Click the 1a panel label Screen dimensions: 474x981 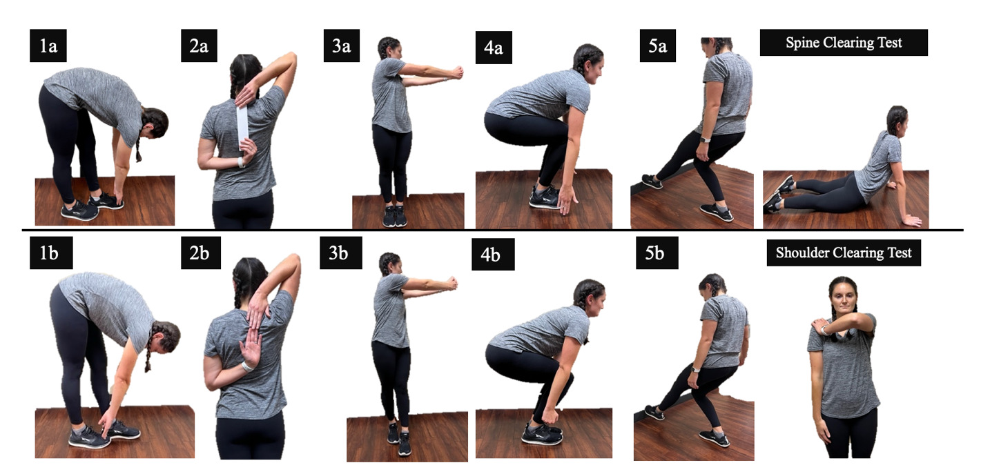[48, 46]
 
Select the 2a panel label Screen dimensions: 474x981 [199, 46]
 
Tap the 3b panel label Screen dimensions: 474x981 [338, 253]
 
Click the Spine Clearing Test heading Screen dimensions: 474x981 [844, 43]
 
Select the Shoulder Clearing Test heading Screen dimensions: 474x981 [844, 253]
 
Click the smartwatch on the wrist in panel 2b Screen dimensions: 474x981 [246, 366]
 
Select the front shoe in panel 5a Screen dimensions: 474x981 [716, 212]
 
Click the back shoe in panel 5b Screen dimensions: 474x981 [653, 413]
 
